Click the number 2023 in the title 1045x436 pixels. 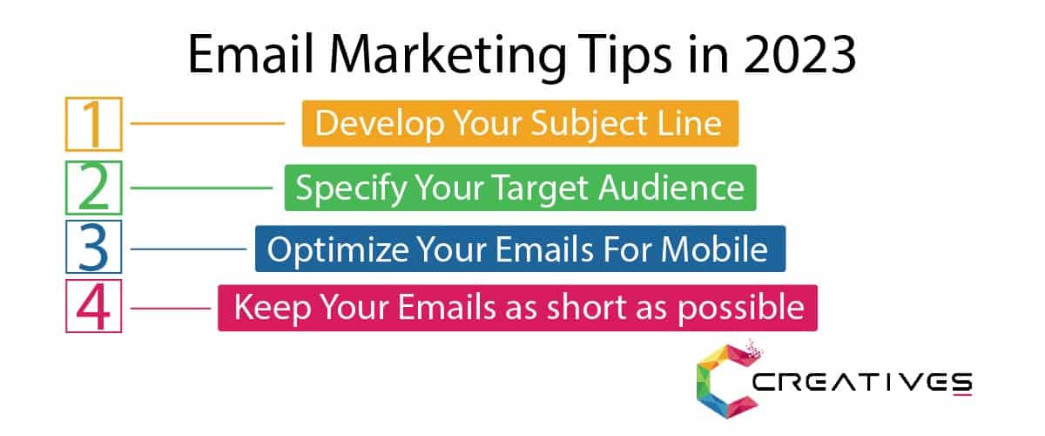click(800, 55)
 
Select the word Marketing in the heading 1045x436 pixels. click(447, 57)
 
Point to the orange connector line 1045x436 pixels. click(207, 123)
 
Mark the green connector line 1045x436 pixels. click(201, 187)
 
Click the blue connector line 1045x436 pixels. click(188, 249)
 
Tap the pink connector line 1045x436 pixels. click(171, 308)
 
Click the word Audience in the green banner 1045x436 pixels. click(671, 187)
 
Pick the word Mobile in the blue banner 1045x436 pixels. click(714, 249)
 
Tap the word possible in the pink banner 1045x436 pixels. click(741, 310)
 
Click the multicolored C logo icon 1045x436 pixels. click(727, 380)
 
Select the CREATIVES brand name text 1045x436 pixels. click(862, 383)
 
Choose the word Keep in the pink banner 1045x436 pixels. click(273, 310)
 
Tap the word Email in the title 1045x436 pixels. click(250, 54)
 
